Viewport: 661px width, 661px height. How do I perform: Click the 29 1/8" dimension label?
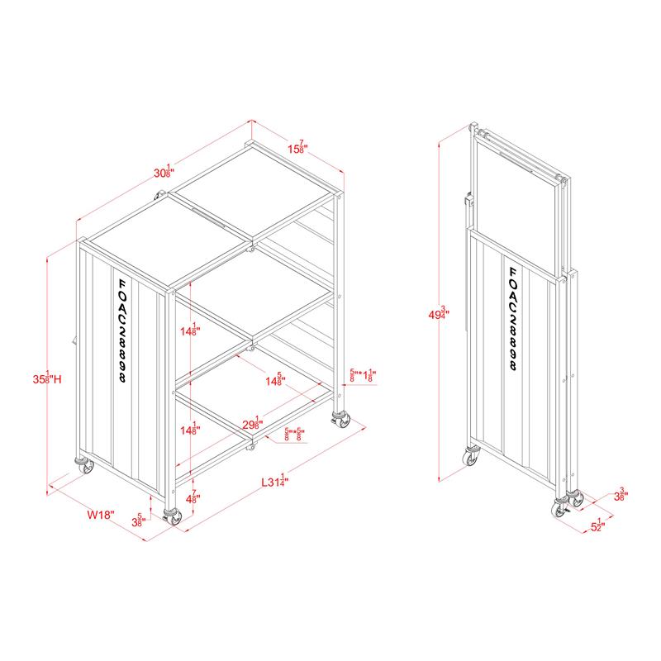(x=251, y=423)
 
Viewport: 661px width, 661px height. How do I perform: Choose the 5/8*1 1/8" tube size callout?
(x=363, y=375)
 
